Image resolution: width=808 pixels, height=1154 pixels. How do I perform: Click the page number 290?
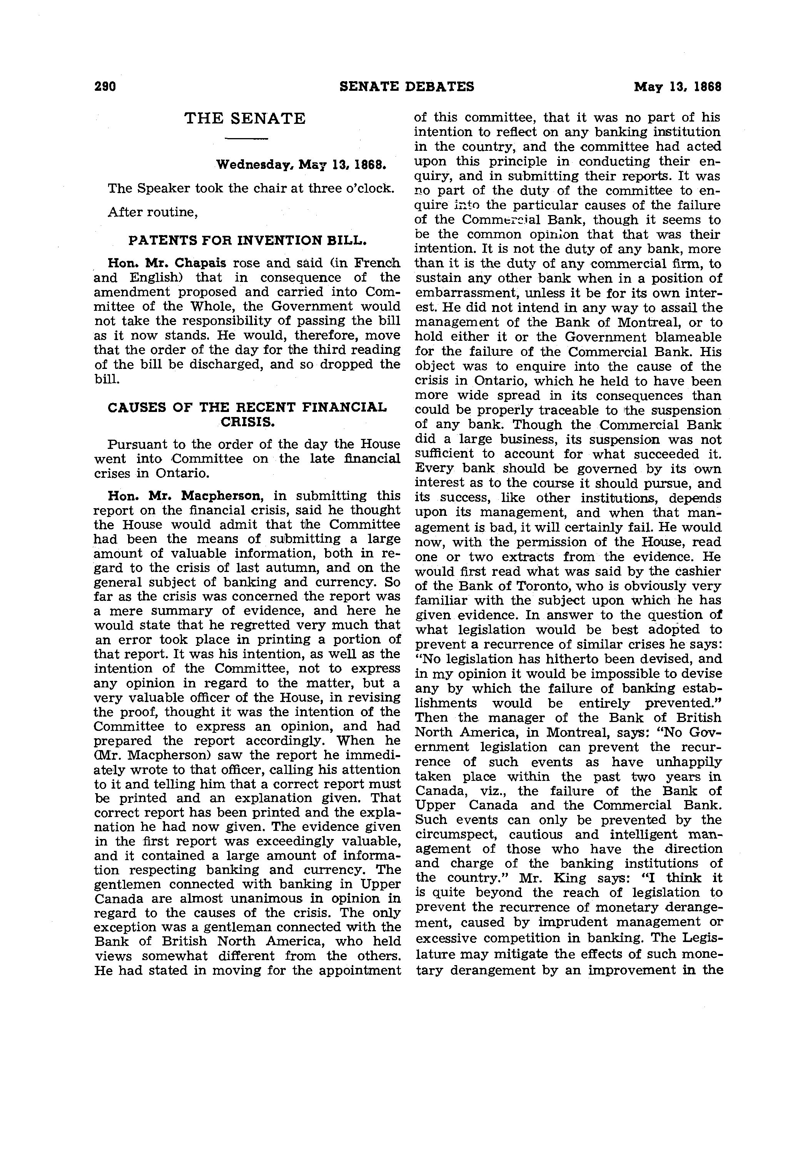coord(105,87)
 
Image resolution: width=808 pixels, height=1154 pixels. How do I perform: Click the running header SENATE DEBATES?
coord(406,87)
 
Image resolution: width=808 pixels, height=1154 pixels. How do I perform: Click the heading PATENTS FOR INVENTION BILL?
coord(247,240)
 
